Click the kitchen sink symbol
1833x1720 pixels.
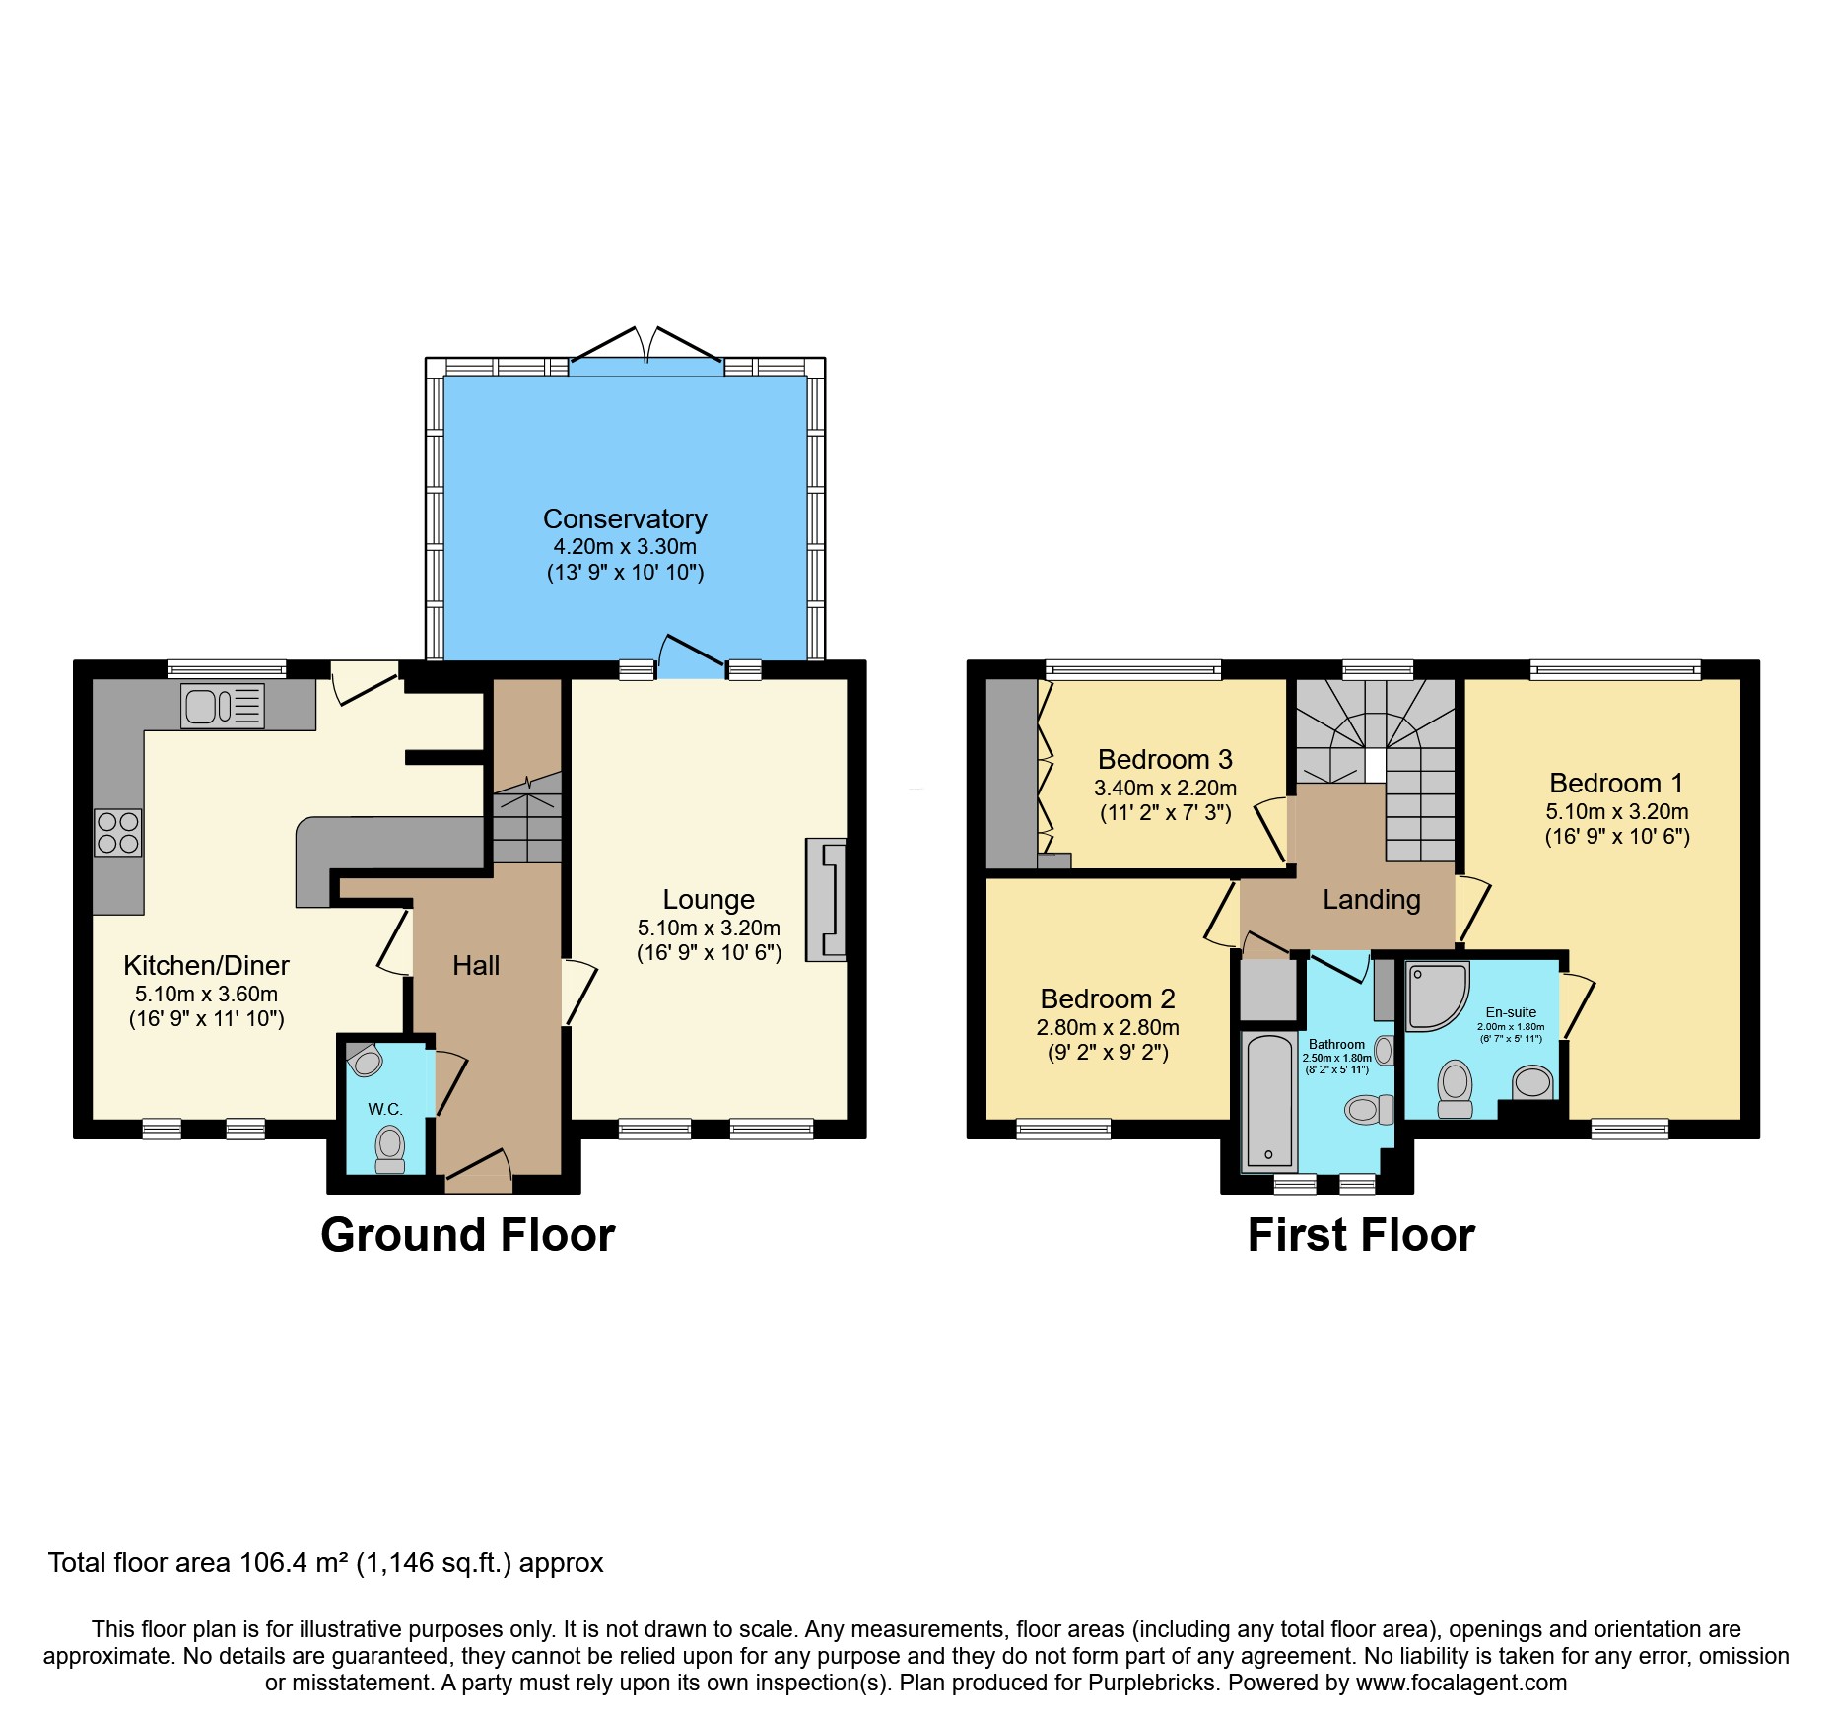[x=223, y=706]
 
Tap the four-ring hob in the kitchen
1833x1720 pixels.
[x=117, y=832]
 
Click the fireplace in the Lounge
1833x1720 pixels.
[x=826, y=899]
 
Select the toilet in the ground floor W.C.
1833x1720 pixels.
[x=390, y=1149]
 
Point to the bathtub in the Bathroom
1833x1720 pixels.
[x=1268, y=1101]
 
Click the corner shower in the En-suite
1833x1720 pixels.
[x=1435, y=995]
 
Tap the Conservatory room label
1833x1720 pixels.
[x=625, y=518]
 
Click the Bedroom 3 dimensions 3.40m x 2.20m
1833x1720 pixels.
[x=1165, y=789]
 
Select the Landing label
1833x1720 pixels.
[x=1371, y=899]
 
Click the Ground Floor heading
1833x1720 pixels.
[x=467, y=1235]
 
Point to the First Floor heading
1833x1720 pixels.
[x=1360, y=1235]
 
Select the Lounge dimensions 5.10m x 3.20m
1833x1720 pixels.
[x=709, y=928]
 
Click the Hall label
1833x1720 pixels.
[x=476, y=966]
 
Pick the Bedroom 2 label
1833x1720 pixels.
[x=1108, y=999]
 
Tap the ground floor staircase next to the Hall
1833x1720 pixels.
[x=527, y=818]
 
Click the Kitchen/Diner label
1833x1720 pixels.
[x=206, y=966]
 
